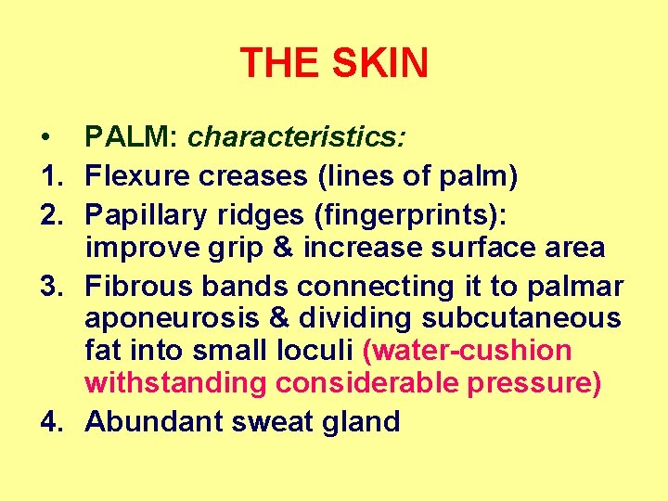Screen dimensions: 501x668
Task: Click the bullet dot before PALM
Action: click(45, 139)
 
